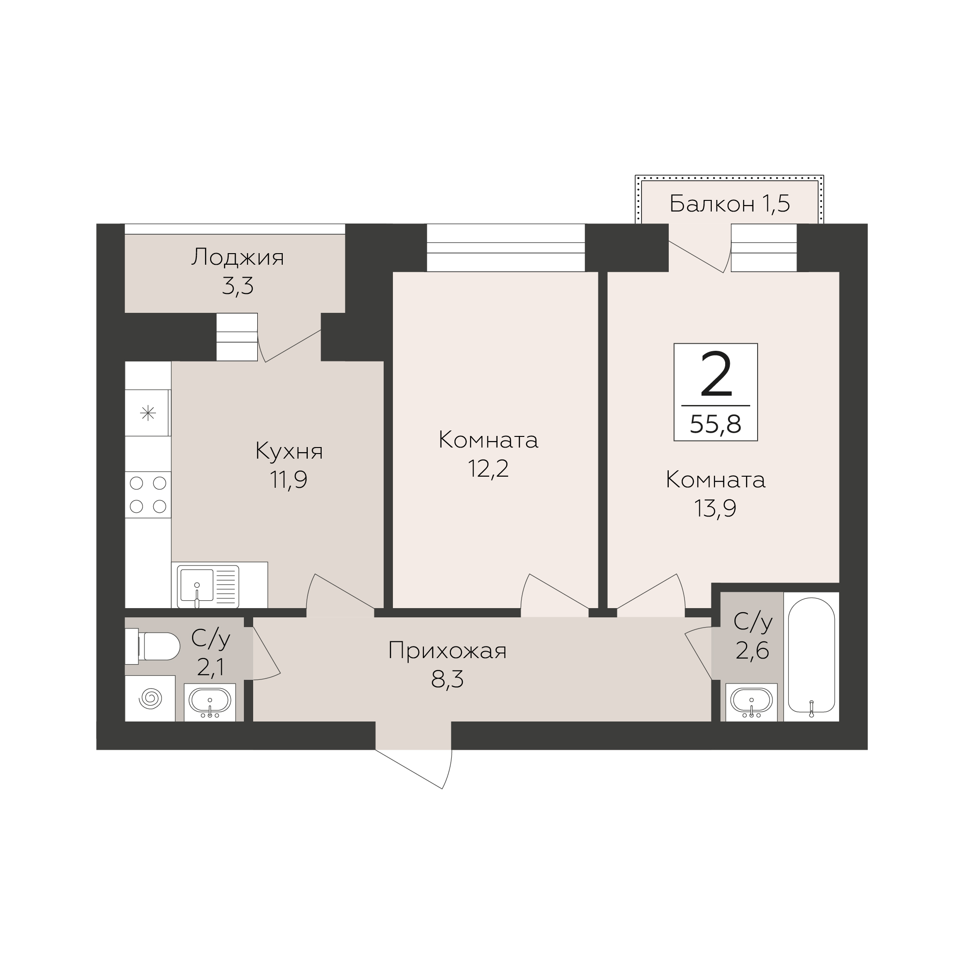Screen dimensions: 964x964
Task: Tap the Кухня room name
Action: (x=289, y=452)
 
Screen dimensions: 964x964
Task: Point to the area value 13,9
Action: (x=715, y=509)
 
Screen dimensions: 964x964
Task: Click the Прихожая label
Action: (x=447, y=652)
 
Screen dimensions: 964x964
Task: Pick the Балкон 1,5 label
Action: (x=729, y=204)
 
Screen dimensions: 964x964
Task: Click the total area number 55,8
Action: (x=715, y=425)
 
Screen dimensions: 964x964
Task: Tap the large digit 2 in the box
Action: (x=716, y=374)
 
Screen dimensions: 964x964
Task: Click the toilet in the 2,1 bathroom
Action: (x=152, y=646)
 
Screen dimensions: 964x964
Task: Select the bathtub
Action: (x=811, y=657)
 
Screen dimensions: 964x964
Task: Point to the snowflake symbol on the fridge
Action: (x=148, y=413)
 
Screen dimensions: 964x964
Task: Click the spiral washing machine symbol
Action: (x=150, y=698)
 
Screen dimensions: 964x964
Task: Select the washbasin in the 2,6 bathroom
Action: (x=752, y=702)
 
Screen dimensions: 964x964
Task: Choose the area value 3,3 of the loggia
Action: (x=237, y=286)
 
